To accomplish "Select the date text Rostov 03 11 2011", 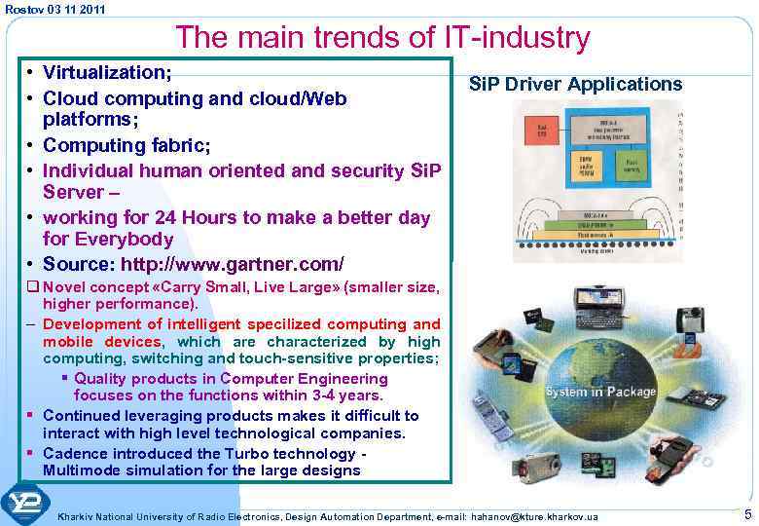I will coord(55,9).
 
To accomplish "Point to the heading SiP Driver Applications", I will coord(575,84).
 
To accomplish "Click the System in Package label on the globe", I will coord(600,392).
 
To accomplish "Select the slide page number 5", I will coord(747,514).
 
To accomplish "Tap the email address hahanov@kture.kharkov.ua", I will coord(534,515).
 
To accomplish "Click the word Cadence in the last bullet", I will coord(77,454).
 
